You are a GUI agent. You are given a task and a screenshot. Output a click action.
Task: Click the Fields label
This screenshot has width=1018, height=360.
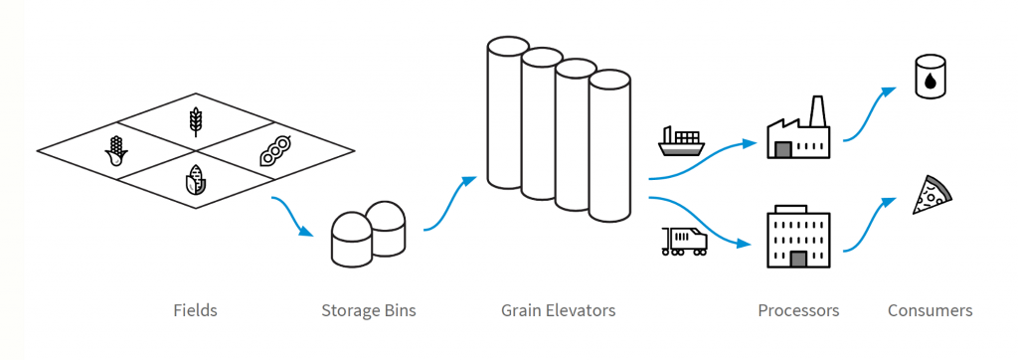(x=194, y=310)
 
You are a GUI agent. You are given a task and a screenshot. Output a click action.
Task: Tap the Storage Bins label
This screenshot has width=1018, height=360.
(x=368, y=310)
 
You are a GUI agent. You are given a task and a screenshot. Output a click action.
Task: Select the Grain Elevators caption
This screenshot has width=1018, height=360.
(x=558, y=310)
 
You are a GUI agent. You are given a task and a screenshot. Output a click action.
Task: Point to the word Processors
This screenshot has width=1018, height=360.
(x=798, y=310)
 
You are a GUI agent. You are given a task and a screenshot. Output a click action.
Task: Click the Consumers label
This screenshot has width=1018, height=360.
(x=930, y=310)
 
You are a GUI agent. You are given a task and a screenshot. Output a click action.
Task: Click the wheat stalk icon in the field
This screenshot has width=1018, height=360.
(x=196, y=121)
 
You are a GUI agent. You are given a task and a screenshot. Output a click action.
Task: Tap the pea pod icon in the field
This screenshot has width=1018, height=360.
(x=274, y=150)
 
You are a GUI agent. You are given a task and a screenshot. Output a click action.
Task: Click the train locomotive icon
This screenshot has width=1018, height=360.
(x=684, y=241)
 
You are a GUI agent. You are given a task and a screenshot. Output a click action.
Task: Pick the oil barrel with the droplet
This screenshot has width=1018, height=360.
(x=930, y=78)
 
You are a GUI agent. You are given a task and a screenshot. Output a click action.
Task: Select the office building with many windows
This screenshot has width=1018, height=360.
(x=798, y=238)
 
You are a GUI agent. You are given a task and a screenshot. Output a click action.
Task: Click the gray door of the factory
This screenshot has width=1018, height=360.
(x=783, y=149)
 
